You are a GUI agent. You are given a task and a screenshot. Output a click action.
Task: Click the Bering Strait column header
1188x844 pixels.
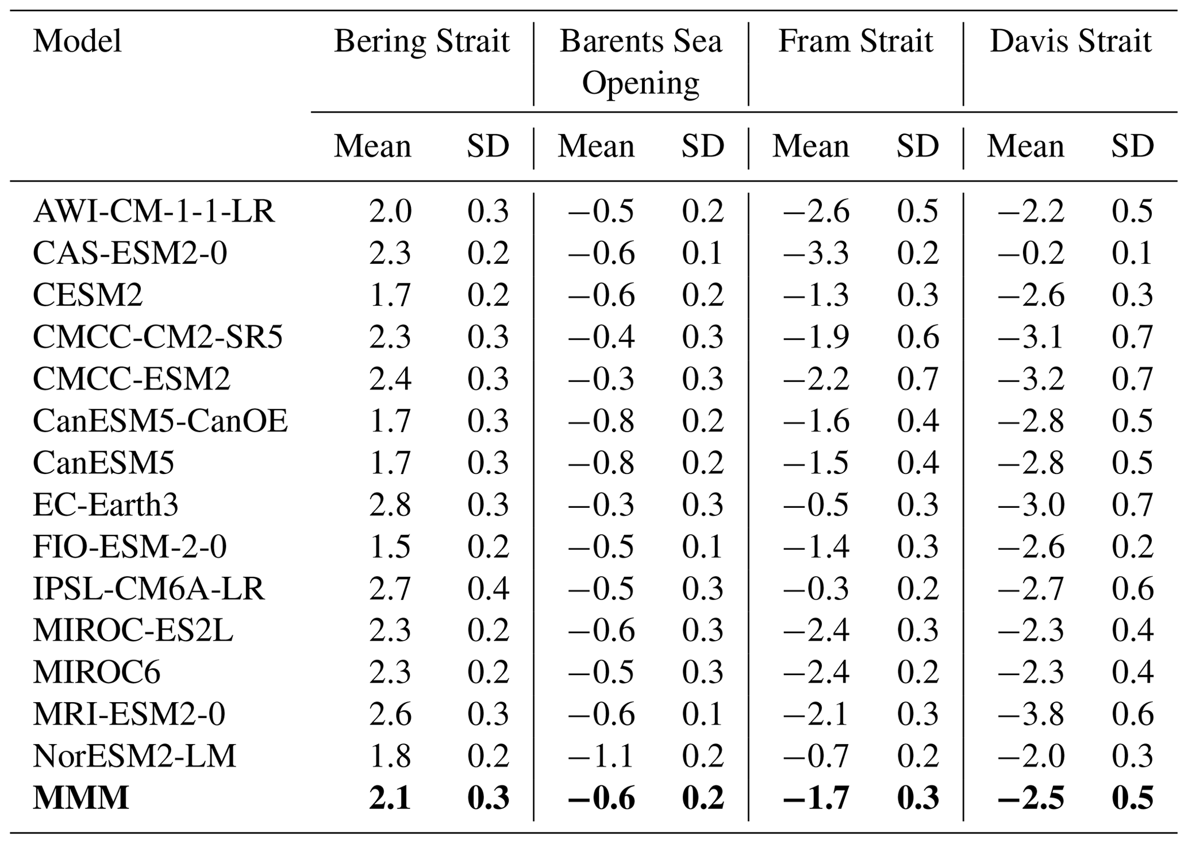421,42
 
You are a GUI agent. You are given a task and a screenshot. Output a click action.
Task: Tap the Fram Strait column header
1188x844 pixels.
855,42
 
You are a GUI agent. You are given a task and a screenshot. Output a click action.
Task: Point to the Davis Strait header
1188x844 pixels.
1070,42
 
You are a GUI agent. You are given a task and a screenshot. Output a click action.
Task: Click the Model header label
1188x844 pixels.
78,42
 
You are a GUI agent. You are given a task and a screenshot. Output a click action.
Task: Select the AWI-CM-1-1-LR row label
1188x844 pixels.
154,211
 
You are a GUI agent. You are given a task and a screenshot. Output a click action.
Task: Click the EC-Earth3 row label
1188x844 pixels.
106,505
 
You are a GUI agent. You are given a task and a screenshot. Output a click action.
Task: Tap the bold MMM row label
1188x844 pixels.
81,798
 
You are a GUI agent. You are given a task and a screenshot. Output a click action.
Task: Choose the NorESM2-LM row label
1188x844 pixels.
134,756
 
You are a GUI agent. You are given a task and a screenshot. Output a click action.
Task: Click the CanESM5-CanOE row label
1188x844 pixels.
160,421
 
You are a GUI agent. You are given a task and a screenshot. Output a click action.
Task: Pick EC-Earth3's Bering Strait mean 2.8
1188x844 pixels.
390,505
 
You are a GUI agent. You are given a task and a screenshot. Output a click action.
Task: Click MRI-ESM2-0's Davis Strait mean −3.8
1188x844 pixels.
1031,715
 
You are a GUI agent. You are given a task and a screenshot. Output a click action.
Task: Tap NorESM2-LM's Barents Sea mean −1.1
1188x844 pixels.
601,756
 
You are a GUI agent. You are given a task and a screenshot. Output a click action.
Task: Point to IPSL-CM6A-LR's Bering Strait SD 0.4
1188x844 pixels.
488,589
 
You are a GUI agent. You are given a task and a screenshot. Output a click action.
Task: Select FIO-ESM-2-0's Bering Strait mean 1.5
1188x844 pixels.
390,547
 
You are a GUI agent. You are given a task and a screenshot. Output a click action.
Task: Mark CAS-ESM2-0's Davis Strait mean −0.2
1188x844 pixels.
1031,253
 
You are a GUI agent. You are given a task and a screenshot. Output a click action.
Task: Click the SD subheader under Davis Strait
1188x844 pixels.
1132,147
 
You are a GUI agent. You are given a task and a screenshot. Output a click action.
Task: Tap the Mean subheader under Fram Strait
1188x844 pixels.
810,147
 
